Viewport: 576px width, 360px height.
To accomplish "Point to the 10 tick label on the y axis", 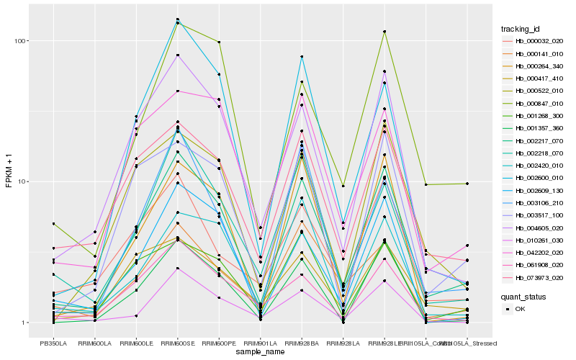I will [x=23, y=181].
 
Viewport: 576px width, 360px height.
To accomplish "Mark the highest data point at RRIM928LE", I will [x=384, y=32].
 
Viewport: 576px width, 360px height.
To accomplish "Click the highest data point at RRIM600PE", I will [x=219, y=42].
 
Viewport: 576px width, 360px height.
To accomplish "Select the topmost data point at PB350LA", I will [x=53, y=224].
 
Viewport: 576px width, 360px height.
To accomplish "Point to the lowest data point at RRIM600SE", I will [x=177, y=269].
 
